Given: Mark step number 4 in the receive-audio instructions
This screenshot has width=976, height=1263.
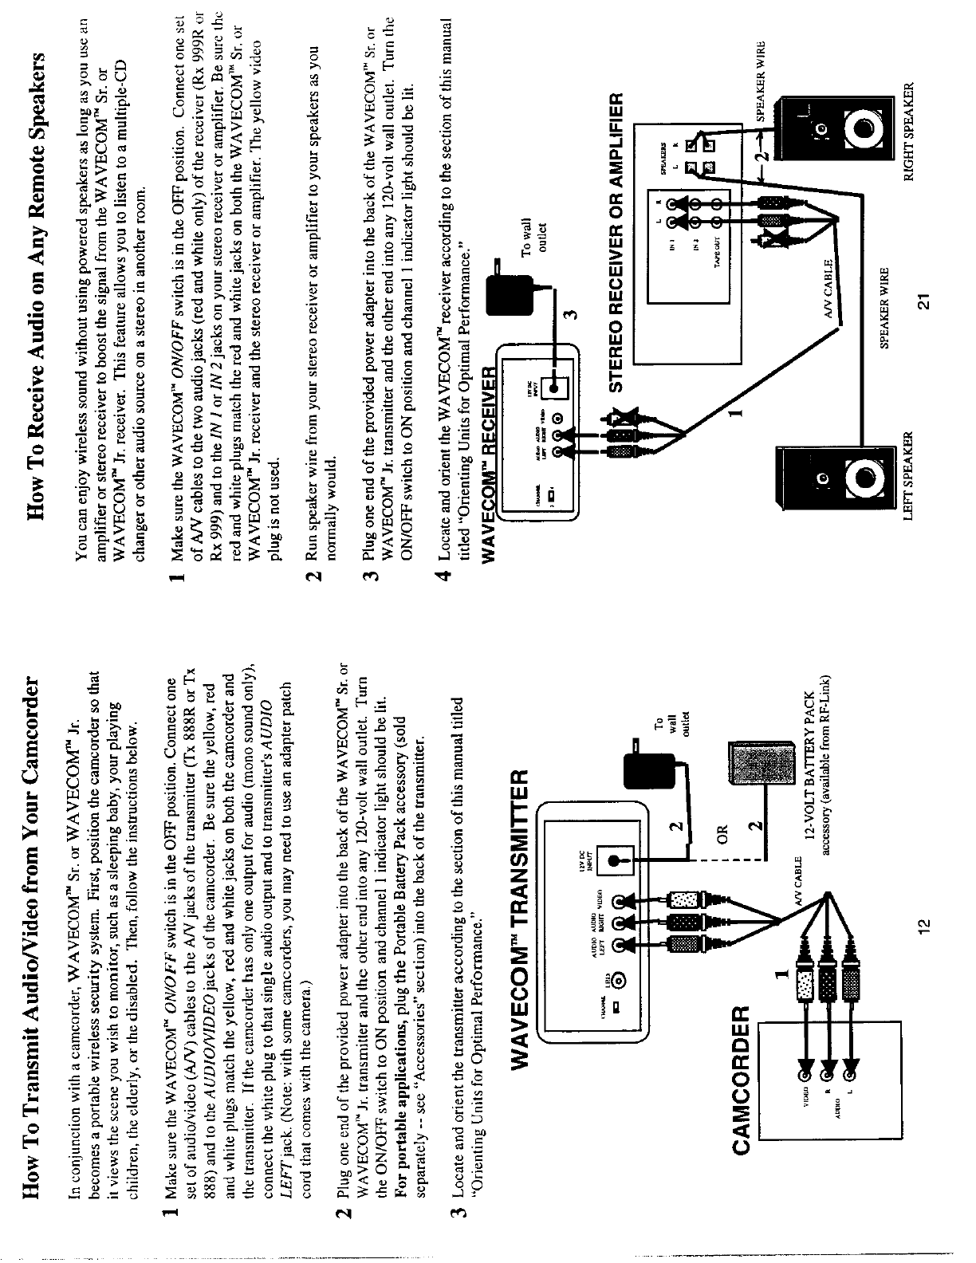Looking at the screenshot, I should (x=450, y=574).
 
